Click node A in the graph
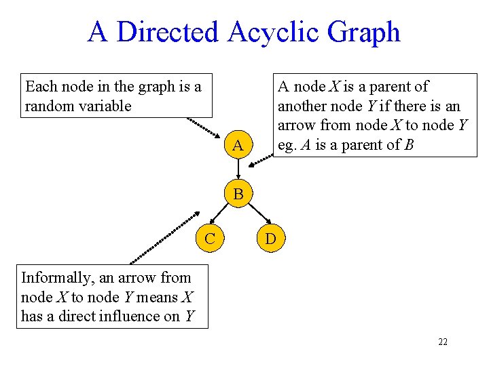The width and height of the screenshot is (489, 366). click(237, 145)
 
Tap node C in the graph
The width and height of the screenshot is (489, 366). click(211, 238)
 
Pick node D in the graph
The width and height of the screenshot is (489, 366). click(270, 239)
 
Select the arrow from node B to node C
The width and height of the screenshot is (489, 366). click(222, 214)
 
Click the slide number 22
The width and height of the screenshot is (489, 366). click(443, 342)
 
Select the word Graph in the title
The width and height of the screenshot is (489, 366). click(365, 32)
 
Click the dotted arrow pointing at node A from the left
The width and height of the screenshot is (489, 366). click(203, 129)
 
